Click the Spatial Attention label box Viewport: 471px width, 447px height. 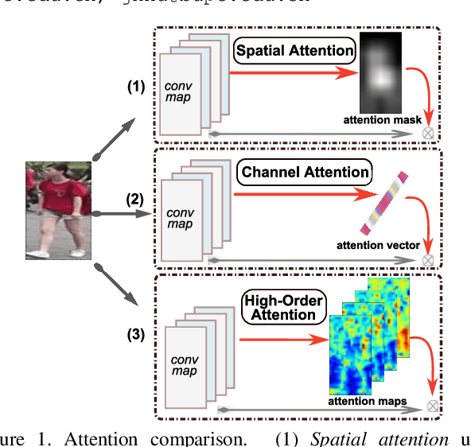point(294,52)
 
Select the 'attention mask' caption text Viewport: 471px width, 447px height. point(377,120)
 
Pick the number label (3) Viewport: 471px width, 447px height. point(136,334)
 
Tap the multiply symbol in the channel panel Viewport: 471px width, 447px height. point(428,260)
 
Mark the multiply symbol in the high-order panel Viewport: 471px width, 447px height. point(433,406)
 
